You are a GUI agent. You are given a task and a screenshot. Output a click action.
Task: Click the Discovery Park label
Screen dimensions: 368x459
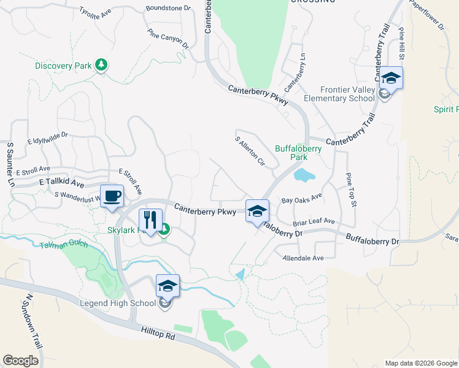[x=63, y=66]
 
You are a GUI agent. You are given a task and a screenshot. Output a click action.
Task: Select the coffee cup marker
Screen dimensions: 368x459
[x=112, y=197]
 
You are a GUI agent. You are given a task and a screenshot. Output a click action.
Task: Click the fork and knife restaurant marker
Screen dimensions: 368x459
[x=150, y=219]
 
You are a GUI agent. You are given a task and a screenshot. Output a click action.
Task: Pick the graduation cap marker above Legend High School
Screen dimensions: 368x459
[x=168, y=286]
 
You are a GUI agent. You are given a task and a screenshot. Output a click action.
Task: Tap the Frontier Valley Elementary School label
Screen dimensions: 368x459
[x=339, y=94]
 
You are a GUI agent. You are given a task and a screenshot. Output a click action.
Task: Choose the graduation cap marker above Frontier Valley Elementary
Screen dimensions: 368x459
[x=391, y=79]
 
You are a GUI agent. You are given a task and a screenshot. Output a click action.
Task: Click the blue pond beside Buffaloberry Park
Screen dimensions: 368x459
[x=304, y=176]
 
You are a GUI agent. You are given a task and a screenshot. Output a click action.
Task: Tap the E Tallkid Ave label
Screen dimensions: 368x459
[x=61, y=183]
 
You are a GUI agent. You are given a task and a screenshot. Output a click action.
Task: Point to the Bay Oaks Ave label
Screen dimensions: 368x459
[x=301, y=199]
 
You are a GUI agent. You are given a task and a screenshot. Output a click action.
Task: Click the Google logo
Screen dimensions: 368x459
[x=21, y=361]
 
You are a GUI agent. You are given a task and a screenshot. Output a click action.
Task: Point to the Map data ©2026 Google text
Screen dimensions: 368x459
[x=420, y=363]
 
